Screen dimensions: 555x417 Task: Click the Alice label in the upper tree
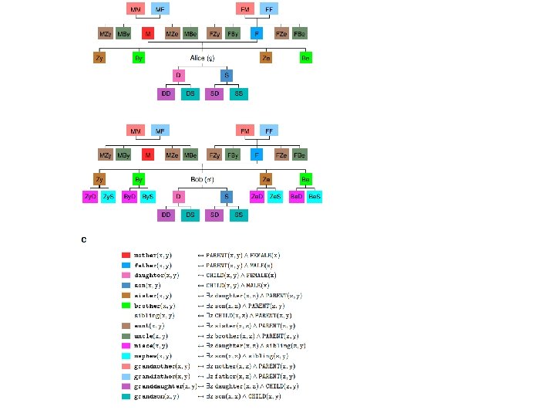tap(203, 58)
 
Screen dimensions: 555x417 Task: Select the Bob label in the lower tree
tap(203, 179)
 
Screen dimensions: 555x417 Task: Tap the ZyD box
tap(90, 197)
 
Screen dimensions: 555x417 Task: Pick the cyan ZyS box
tap(108, 197)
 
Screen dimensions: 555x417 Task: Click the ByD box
tap(129, 197)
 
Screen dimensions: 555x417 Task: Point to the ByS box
tap(147, 197)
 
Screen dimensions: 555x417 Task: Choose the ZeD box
tap(257, 197)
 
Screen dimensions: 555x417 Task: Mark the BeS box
tap(314, 197)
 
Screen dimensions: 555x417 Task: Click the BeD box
tap(297, 197)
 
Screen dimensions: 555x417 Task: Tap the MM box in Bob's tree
tap(136, 131)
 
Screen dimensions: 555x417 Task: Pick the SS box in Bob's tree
tap(238, 214)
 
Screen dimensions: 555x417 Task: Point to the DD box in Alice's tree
tap(166, 93)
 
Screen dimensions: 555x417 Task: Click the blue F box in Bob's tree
tap(256, 155)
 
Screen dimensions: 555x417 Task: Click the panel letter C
tap(84, 239)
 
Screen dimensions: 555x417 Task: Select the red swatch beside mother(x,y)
tap(126, 254)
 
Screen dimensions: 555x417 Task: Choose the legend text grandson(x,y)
tap(156, 396)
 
